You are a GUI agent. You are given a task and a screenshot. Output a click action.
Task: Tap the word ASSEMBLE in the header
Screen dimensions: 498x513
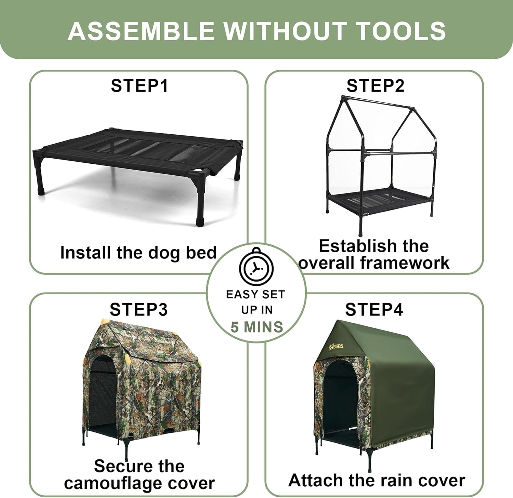pos(141,31)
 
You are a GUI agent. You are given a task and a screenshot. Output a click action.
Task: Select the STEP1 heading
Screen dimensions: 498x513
pos(139,85)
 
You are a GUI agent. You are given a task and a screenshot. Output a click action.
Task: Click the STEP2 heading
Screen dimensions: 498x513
pos(375,85)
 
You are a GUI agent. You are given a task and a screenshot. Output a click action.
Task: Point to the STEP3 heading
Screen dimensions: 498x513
pos(139,309)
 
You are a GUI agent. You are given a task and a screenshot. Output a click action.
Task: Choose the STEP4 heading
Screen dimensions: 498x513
pos(374,309)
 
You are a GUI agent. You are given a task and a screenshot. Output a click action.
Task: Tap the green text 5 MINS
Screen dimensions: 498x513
pos(257,327)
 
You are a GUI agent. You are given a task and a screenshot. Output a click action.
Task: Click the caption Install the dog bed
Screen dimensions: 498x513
pos(139,253)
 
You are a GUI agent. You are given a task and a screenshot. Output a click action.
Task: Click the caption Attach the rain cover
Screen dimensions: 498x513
pos(377,480)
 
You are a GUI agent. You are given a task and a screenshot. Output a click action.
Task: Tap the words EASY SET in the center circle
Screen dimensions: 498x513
pos(255,294)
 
